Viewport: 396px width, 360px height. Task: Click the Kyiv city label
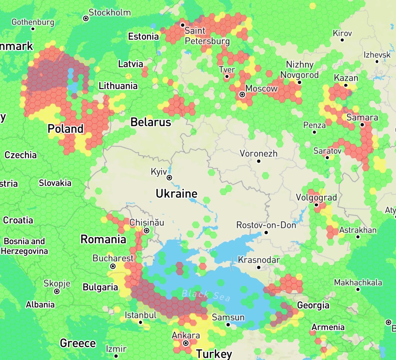tap(158, 172)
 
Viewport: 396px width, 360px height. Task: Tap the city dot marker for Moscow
tap(242, 95)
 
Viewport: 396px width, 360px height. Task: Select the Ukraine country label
tap(176, 194)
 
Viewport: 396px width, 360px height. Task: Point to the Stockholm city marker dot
tap(85, 18)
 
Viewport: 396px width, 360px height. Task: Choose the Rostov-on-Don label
tap(266, 225)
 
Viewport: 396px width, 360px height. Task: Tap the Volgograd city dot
tap(316, 205)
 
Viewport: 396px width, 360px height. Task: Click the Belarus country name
tap(151, 122)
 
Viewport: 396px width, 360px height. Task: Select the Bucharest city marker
tap(113, 266)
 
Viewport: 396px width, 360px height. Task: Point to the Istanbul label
tap(140, 315)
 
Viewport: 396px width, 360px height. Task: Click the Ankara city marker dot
tap(186, 343)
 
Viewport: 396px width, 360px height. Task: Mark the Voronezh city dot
tap(259, 161)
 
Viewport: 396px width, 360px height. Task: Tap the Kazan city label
tap(346, 78)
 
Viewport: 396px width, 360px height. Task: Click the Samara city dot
tap(362, 125)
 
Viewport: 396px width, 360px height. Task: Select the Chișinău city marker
tap(147, 230)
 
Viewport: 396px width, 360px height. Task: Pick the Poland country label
tap(65, 129)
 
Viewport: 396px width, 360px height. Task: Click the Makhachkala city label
tap(358, 282)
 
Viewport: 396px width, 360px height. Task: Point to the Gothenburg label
tap(33, 22)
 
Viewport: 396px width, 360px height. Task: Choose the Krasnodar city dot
tap(259, 267)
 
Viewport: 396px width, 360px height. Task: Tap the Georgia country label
tap(313, 305)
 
